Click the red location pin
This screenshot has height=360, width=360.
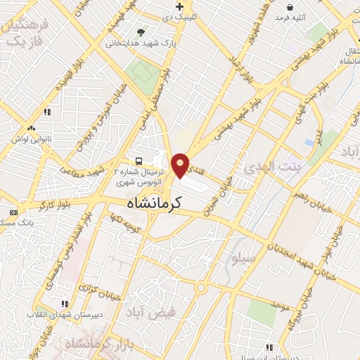[181, 165]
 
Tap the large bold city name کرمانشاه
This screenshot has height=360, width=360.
[155, 203]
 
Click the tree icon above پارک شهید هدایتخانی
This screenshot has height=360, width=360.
[141, 32]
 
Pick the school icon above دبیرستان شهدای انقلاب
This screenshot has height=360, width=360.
[65, 304]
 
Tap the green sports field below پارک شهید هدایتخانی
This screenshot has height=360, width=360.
[143, 72]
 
